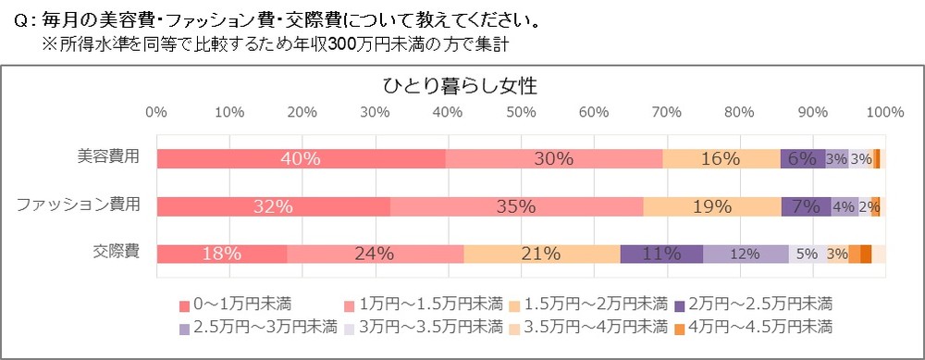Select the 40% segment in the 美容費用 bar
[301, 158]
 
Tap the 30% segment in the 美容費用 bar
[554, 158]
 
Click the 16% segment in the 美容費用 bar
[721, 158]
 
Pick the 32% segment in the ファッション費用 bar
[273, 206]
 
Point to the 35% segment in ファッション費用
[516, 206]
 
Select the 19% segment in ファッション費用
[712, 206]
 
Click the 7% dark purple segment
[806, 206]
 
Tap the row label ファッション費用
[79, 204]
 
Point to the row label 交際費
[117, 251]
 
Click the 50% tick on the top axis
[521, 113]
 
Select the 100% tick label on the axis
[885, 113]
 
